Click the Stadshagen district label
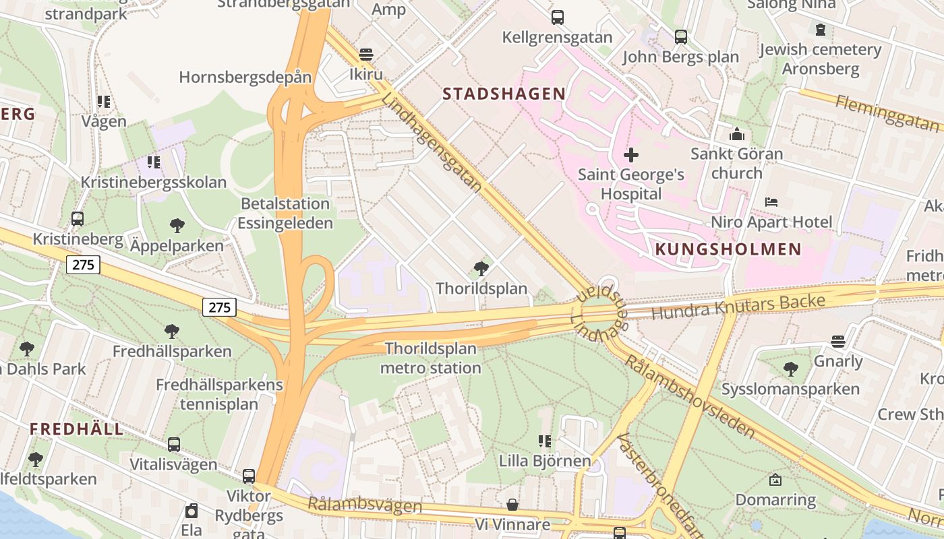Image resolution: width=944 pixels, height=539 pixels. [504, 94]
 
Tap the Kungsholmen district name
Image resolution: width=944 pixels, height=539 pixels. [728, 249]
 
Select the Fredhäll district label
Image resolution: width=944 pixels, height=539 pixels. [77, 429]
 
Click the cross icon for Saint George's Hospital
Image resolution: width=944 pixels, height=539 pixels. [631, 156]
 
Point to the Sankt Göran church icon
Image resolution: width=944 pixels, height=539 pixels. [737, 134]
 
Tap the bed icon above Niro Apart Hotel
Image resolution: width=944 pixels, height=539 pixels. [771, 202]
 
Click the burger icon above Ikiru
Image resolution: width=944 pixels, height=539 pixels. [366, 55]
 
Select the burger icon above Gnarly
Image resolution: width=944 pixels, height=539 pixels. [838, 342]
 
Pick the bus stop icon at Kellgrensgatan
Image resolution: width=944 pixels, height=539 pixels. [557, 18]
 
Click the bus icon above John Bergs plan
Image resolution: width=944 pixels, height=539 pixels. [681, 37]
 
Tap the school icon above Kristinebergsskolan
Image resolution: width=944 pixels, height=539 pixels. [154, 162]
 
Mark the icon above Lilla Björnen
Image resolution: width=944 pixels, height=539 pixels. [545, 441]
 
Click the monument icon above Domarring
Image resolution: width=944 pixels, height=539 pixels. [775, 480]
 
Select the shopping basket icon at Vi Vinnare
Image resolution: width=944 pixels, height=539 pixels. [512, 505]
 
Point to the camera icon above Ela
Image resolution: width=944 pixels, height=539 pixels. [191, 511]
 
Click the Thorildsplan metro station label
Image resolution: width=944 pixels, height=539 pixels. [430, 358]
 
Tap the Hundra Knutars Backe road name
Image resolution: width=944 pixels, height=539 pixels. [738, 307]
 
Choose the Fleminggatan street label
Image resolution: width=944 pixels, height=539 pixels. [887, 113]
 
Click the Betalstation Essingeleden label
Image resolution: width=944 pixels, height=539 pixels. [285, 213]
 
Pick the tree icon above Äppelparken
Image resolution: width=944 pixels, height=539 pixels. [177, 225]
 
